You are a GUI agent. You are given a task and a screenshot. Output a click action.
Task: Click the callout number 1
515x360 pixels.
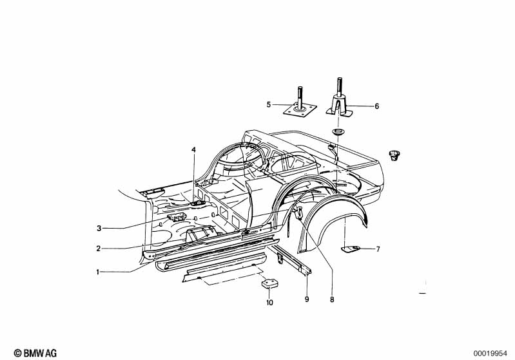coord(99,272)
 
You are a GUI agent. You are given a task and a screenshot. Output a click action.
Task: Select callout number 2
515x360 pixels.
coord(99,249)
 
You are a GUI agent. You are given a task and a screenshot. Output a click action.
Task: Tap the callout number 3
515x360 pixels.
coord(99,228)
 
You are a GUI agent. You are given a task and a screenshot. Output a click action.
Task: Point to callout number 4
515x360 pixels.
coord(192,150)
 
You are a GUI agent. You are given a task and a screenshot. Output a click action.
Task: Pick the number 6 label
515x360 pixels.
coord(377,105)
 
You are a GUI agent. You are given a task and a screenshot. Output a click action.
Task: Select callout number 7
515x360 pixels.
coord(378,249)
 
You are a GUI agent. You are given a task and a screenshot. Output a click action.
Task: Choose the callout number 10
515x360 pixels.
coord(269,302)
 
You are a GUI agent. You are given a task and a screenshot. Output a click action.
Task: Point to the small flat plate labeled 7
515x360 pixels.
coord(351,248)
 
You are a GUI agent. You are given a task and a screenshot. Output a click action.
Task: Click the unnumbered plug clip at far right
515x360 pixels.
coord(394,155)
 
